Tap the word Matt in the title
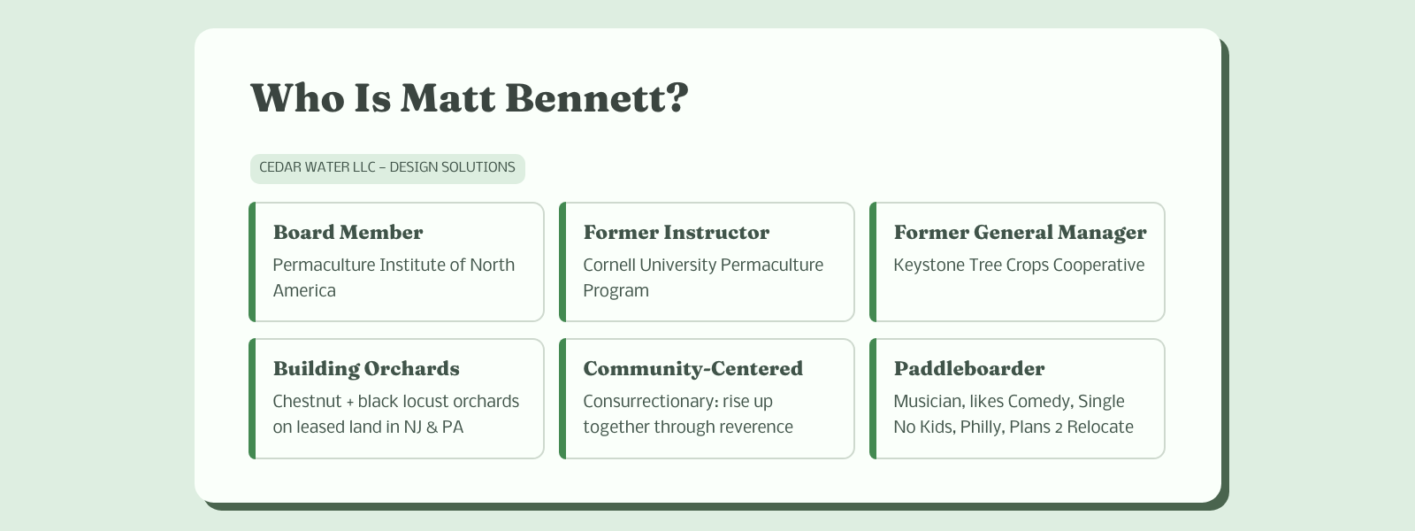[x=447, y=98]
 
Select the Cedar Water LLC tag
[x=387, y=168]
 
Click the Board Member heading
[x=348, y=232]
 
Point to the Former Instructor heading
[x=676, y=232]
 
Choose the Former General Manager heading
[x=1020, y=233]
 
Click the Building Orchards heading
[x=366, y=368]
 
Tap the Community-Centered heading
[x=692, y=368]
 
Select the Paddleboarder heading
[x=969, y=368]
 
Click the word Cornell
[x=608, y=265]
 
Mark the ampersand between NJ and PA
[x=432, y=427]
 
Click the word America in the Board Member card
[x=304, y=291]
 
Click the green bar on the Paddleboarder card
[x=873, y=398]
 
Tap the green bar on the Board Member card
[x=252, y=262]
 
